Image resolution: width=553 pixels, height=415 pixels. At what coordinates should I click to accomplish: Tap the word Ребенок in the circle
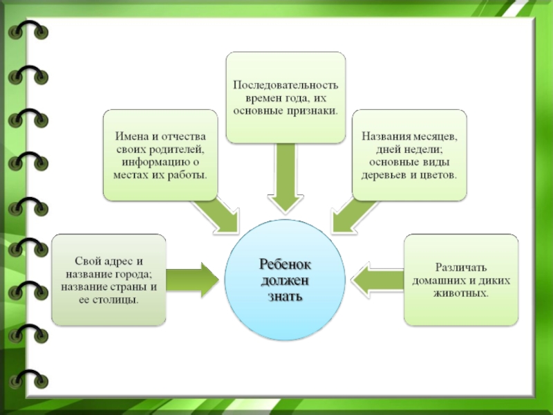click(x=285, y=264)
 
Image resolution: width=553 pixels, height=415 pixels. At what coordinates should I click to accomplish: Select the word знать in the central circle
click(x=285, y=295)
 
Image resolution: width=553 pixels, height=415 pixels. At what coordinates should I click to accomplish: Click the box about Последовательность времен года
click(x=285, y=97)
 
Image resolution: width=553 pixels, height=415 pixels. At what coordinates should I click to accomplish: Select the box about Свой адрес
click(x=109, y=280)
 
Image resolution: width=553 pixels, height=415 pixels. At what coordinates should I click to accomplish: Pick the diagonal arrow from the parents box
click(x=217, y=212)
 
